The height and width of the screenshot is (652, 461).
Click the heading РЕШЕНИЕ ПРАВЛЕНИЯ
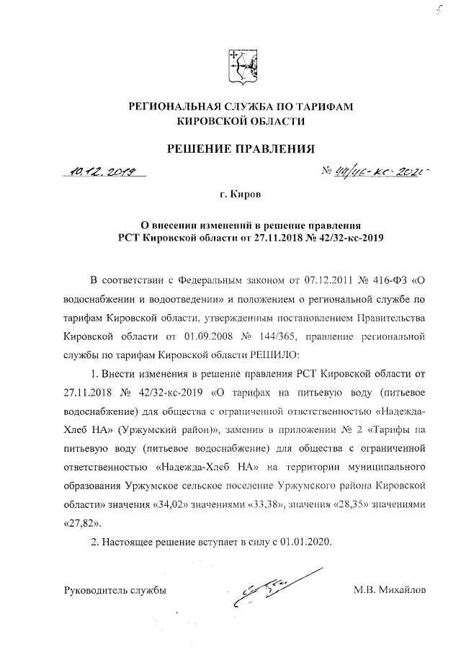pos(241,149)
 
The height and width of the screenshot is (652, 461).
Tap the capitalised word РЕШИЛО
pos(269,354)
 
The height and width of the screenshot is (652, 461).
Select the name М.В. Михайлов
pos(390,591)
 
